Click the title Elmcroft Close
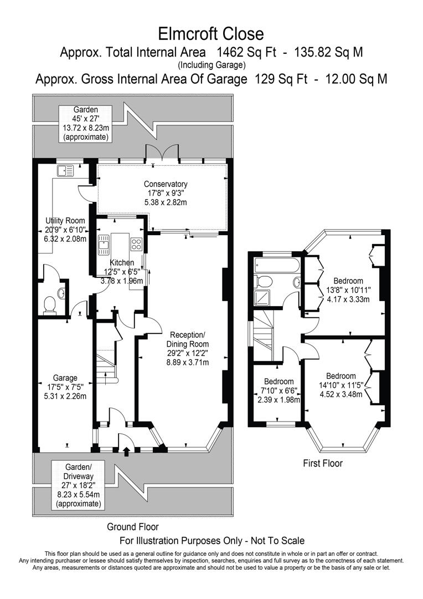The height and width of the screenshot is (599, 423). pos(211,34)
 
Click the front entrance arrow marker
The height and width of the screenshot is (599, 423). pos(127,452)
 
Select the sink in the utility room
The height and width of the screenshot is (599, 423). pos(65,170)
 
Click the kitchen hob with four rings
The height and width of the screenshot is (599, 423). pos(136,243)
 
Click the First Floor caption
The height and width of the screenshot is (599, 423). pos(323,463)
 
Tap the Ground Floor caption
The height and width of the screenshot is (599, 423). pos(133,526)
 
